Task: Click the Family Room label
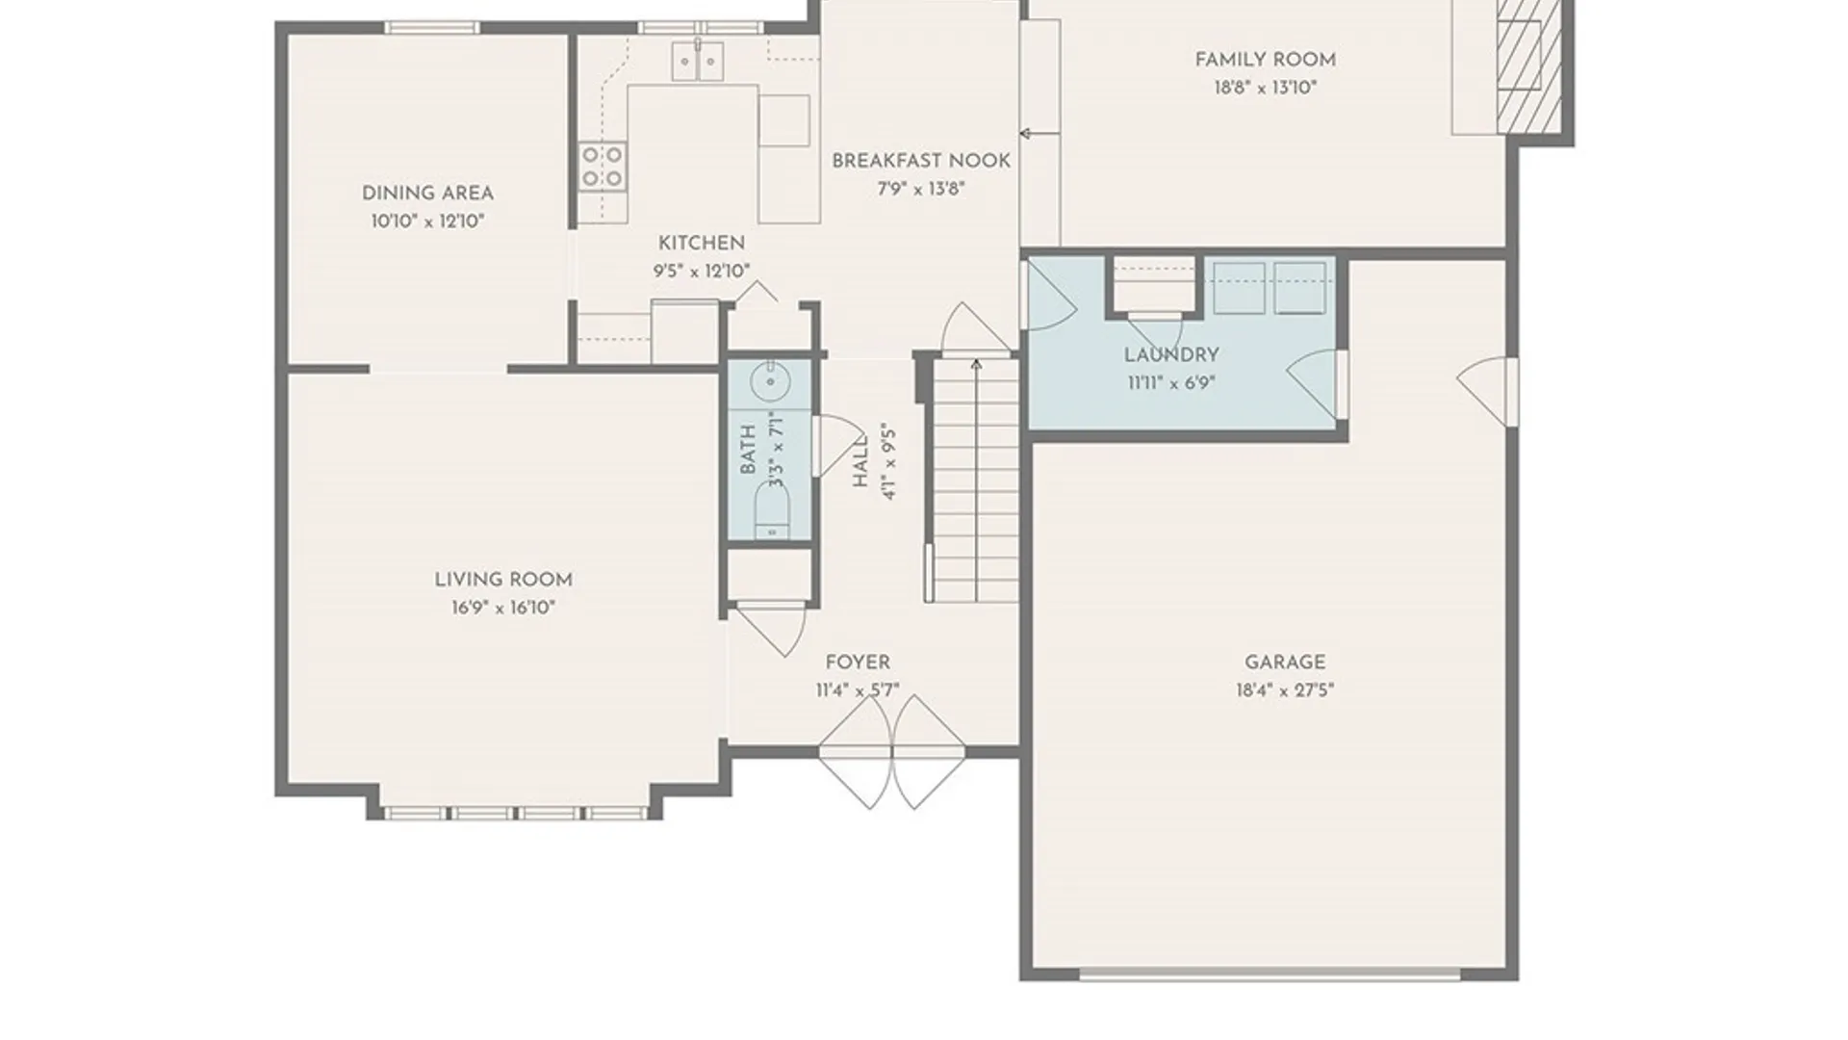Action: pyautogui.click(x=1265, y=60)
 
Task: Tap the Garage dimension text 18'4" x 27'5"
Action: pyautogui.click(x=1285, y=690)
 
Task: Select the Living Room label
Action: pyautogui.click(x=503, y=580)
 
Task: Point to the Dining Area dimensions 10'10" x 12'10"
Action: pyautogui.click(x=427, y=221)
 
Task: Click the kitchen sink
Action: pyautogui.click(x=698, y=61)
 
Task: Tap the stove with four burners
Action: pyautogui.click(x=603, y=166)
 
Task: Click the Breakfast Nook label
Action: pyautogui.click(x=921, y=161)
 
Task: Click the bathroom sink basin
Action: pyautogui.click(x=770, y=382)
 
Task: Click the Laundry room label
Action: pyautogui.click(x=1171, y=355)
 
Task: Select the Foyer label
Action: pyautogui.click(x=858, y=663)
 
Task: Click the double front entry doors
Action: pyautogui.click(x=891, y=752)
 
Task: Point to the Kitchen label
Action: pyautogui.click(x=702, y=244)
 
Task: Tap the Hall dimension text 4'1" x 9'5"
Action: pyautogui.click(x=889, y=462)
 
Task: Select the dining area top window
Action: pyautogui.click(x=432, y=27)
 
